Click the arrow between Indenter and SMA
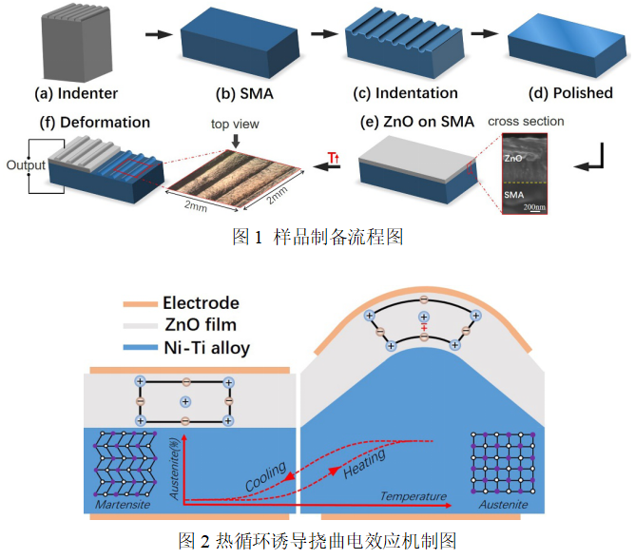152,35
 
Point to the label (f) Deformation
94,122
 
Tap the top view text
235,124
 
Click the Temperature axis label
413,496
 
